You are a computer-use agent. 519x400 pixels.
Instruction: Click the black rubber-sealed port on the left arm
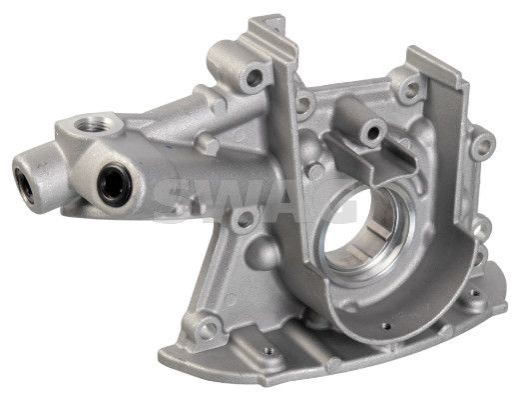click(114, 185)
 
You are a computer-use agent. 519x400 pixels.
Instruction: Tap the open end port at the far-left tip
click(24, 186)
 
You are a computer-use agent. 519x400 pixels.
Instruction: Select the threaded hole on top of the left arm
click(94, 124)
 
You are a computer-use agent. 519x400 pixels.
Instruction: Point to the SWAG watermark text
click(255, 200)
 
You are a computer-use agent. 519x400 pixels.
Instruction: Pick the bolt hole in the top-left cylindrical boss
click(255, 78)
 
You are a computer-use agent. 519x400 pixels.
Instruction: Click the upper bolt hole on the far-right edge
click(484, 146)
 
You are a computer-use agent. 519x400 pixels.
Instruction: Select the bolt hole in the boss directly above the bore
click(373, 133)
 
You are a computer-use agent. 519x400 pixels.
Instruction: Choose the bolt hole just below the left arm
click(245, 218)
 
